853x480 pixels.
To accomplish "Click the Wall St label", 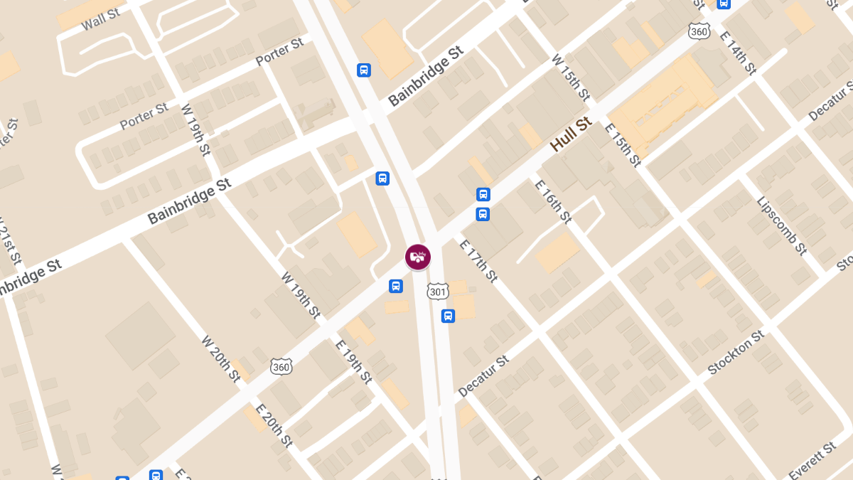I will tap(101, 19).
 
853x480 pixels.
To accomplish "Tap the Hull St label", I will tap(571, 134).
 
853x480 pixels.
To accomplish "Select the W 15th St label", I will tap(571, 77).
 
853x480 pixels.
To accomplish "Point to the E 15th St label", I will tap(623, 144).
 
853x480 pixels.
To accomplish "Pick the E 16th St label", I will tap(553, 201).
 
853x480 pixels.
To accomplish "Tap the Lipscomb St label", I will tap(781, 225).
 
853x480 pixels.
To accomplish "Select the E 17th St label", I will tap(478, 260).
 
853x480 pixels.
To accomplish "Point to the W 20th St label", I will tap(221, 358).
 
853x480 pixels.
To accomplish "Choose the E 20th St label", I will tap(274, 425).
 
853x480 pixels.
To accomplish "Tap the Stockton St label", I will tap(736, 352).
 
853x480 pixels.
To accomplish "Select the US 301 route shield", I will tap(437, 292).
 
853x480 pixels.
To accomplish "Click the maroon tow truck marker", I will tap(418, 257).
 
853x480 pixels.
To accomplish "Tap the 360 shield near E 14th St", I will tap(699, 31).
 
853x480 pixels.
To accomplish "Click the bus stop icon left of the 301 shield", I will tap(396, 286).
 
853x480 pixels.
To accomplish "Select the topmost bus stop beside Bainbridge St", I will tap(364, 70).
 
